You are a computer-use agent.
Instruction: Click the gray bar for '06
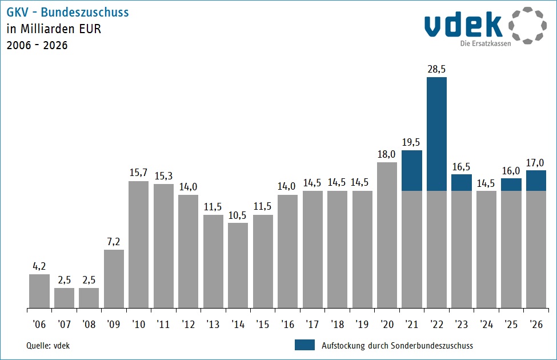click(x=39, y=291)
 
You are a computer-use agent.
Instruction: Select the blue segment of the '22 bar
click(x=436, y=134)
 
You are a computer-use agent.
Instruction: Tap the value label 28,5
click(x=436, y=69)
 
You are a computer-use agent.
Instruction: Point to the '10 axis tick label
click(x=138, y=324)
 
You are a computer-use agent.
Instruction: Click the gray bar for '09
click(x=114, y=279)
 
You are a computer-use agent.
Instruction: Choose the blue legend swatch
click(x=304, y=345)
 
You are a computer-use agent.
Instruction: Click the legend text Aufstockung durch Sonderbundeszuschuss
click(x=398, y=345)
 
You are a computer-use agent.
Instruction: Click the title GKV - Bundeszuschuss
click(x=67, y=13)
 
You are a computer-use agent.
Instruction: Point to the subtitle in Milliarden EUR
click(x=54, y=29)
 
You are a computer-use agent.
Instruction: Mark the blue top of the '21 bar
click(x=411, y=170)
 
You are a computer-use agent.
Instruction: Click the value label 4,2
click(x=39, y=266)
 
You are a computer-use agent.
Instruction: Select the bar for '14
click(x=238, y=265)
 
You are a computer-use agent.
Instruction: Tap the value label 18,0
click(x=387, y=154)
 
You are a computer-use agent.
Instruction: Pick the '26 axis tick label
click(x=536, y=324)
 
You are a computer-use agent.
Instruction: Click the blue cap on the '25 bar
click(x=511, y=184)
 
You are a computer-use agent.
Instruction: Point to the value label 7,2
click(x=114, y=241)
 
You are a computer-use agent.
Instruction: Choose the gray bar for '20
click(x=387, y=235)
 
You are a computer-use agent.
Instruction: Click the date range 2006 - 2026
click(x=37, y=46)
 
